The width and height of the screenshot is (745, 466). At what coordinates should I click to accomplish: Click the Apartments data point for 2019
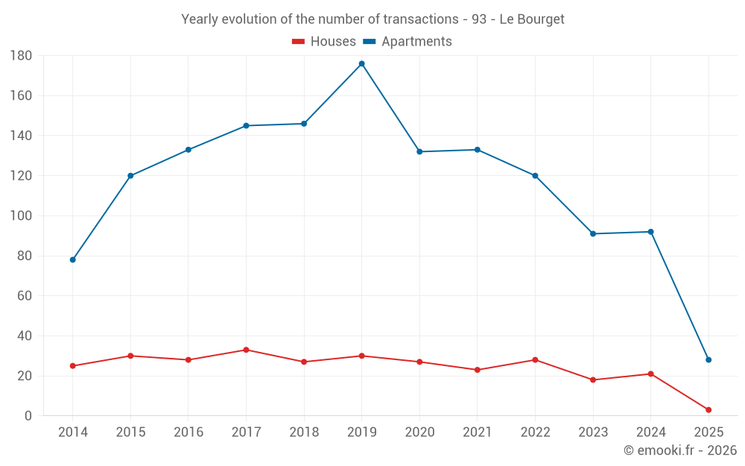[x=361, y=63]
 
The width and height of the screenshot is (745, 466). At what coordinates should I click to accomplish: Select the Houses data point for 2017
[x=246, y=350]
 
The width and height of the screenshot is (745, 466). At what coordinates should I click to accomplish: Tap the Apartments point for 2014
[x=72, y=259]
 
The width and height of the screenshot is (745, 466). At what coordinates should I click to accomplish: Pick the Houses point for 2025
[x=708, y=410]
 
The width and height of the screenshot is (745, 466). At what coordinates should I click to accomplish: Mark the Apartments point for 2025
[x=708, y=360]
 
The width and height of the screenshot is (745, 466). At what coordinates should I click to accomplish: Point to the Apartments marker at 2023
[x=593, y=233]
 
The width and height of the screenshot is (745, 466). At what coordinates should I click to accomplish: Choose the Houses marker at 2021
[x=478, y=370]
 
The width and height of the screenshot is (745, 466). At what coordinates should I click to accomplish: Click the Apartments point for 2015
[x=130, y=176]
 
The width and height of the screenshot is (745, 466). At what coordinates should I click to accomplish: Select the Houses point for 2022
[x=535, y=360]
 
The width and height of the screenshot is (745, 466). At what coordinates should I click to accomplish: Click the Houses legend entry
[x=324, y=42]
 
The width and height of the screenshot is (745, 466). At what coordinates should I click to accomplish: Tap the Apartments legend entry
[x=408, y=42]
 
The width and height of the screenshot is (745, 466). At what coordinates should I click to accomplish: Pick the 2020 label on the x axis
[x=419, y=432]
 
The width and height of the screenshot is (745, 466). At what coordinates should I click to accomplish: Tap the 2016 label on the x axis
[x=188, y=432]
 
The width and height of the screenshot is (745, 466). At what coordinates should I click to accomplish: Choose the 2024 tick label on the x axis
[x=650, y=432]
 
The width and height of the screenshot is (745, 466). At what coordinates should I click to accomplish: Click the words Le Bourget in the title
[x=532, y=19]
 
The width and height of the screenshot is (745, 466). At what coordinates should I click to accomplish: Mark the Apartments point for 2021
[x=478, y=150]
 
